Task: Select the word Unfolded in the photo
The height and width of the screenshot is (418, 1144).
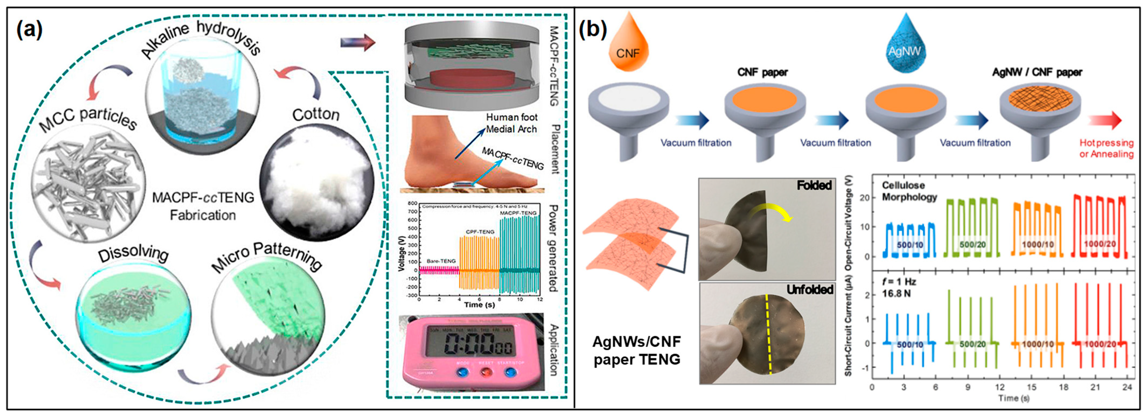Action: pos(810,290)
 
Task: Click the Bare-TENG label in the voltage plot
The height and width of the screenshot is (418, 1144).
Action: pos(441,261)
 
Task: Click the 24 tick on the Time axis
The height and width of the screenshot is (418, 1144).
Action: pos(1127,387)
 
